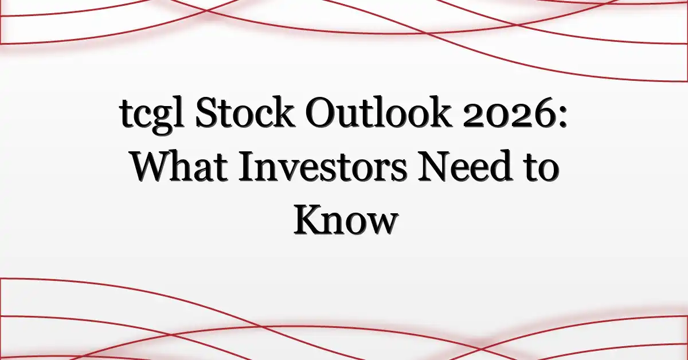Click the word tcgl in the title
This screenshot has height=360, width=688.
(x=152, y=114)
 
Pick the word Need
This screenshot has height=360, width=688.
(x=467, y=166)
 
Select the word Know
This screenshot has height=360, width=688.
(x=346, y=219)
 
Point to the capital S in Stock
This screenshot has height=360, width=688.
(x=206, y=112)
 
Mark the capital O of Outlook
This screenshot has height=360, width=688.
(x=321, y=112)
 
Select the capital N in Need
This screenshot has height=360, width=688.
(x=436, y=166)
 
